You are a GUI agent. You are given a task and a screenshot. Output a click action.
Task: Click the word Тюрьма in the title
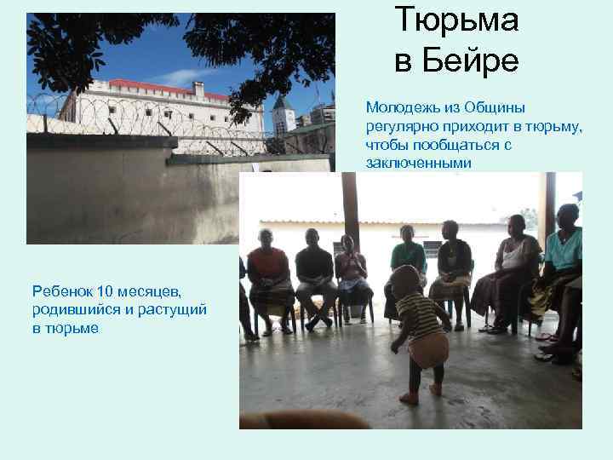tap(456, 20)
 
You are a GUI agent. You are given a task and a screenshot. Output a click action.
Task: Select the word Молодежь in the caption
tap(401, 108)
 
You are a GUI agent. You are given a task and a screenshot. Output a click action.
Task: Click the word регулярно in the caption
tap(398, 126)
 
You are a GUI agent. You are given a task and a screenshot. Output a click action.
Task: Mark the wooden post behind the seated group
tap(350, 209)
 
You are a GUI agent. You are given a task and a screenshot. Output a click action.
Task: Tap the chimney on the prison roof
tap(198, 89)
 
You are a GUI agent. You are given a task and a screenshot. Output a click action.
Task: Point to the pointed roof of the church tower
tap(282, 101)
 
